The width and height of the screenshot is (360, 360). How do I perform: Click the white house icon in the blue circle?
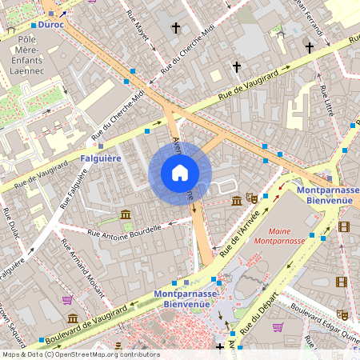pyautogui.click(x=180, y=173)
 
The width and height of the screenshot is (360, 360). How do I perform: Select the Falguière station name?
pyautogui.click(x=100, y=158)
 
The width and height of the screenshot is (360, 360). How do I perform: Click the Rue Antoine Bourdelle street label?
pyautogui.click(x=124, y=230)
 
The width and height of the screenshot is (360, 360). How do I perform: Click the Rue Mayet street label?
pyautogui.click(x=139, y=30)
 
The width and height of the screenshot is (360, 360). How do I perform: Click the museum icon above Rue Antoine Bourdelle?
pyautogui.click(x=126, y=214)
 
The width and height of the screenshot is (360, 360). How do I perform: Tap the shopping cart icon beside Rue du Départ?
pyautogui.click(x=278, y=326)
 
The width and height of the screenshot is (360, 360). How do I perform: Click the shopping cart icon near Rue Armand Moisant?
pyautogui.click(x=67, y=300)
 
